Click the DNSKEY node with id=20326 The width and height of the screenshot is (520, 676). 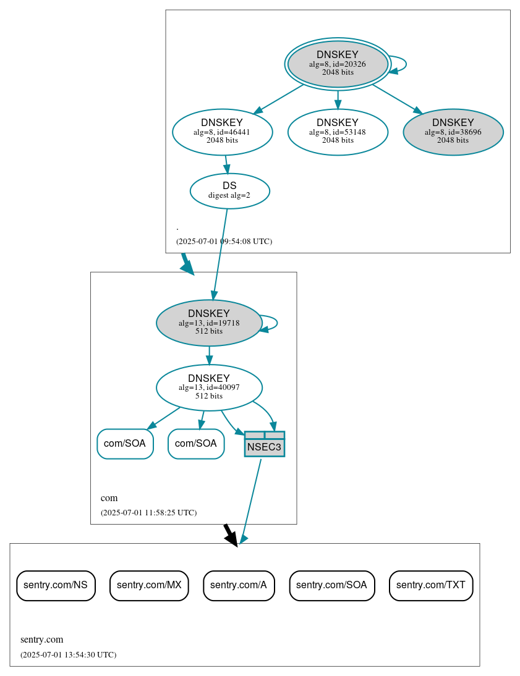click(338, 64)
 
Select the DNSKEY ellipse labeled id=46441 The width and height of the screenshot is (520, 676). click(222, 132)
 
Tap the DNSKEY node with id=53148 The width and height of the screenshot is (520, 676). click(338, 132)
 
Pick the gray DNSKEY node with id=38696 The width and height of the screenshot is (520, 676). click(453, 132)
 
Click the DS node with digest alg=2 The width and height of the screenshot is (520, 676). click(229, 191)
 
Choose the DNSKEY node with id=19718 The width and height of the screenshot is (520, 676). click(209, 323)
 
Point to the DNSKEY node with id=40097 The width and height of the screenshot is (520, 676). click(209, 387)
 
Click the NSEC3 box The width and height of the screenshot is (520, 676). click(264, 444)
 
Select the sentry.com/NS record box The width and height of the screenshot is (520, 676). click(56, 585)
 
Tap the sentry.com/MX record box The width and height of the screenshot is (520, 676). click(149, 585)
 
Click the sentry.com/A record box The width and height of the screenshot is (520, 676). click(239, 585)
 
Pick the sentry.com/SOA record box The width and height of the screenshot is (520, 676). click(331, 585)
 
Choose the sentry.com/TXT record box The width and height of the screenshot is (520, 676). click(431, 585)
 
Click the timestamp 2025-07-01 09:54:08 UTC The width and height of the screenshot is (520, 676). click(224, 242)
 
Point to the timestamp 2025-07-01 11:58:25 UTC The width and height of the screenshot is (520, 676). click(148, 513)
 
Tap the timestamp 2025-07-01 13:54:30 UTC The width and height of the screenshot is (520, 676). click(68, 655)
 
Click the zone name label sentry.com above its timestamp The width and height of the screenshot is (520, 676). click(42, 640)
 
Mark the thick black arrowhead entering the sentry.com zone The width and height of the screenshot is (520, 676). click(231, 539)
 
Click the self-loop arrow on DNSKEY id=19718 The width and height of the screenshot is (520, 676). click(276, 323)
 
